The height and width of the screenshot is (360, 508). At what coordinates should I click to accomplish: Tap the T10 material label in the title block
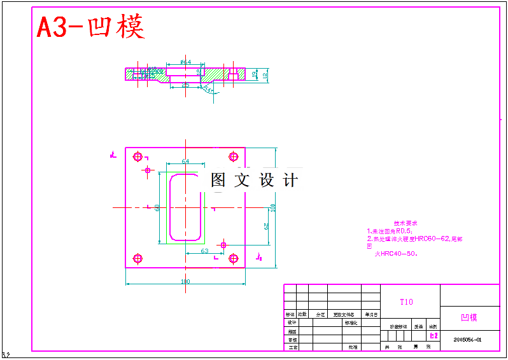tap(406, 302)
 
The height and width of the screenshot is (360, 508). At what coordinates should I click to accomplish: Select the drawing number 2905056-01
tap(468, 340)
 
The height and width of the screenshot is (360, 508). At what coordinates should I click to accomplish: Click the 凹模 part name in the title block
tap(469, 317)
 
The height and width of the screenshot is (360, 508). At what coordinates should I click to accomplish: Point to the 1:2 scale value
tap(434, 335)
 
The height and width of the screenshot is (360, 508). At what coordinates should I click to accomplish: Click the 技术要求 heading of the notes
tap(405, 224)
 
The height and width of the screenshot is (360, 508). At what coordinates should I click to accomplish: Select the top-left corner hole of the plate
tap(138, 155)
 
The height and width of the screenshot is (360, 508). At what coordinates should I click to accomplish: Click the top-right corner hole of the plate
tap(233, 155)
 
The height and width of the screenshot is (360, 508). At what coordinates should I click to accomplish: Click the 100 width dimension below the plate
tap(185, 281)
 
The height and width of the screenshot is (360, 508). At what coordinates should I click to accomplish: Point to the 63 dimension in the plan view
tap(204, 251)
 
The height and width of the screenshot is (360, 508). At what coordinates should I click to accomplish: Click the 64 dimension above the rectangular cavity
tap(185, 162)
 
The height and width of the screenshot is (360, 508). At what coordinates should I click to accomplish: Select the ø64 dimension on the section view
tap(185, 62)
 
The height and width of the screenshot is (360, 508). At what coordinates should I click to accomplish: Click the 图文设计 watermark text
tap(255, 180)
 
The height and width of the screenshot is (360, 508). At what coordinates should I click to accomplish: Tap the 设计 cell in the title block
tap(292, 322)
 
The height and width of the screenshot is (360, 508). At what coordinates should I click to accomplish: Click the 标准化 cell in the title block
tap(351, 322)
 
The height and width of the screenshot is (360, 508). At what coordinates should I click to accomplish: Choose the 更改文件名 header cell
tap(344, 314)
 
